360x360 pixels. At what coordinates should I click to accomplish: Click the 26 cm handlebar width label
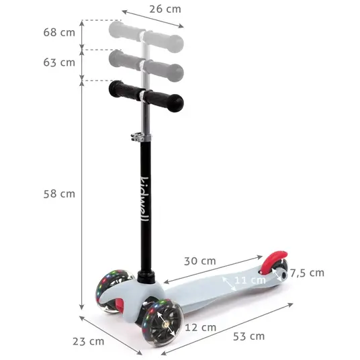point(165,9)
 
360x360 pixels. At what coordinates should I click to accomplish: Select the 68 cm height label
point(59,32)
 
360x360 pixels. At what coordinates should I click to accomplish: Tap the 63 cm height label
point(59,62)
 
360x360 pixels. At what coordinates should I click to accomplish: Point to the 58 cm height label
point(59,194)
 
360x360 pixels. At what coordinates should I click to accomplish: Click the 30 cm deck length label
point(200,261)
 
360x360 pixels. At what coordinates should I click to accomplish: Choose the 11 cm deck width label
point(250,280)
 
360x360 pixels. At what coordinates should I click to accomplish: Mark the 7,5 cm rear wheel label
point(307,273)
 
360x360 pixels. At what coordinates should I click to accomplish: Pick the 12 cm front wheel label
point(200,327)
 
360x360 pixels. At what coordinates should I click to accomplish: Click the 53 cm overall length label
point(249,336)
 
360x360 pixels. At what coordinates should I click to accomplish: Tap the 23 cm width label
point(89,341)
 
